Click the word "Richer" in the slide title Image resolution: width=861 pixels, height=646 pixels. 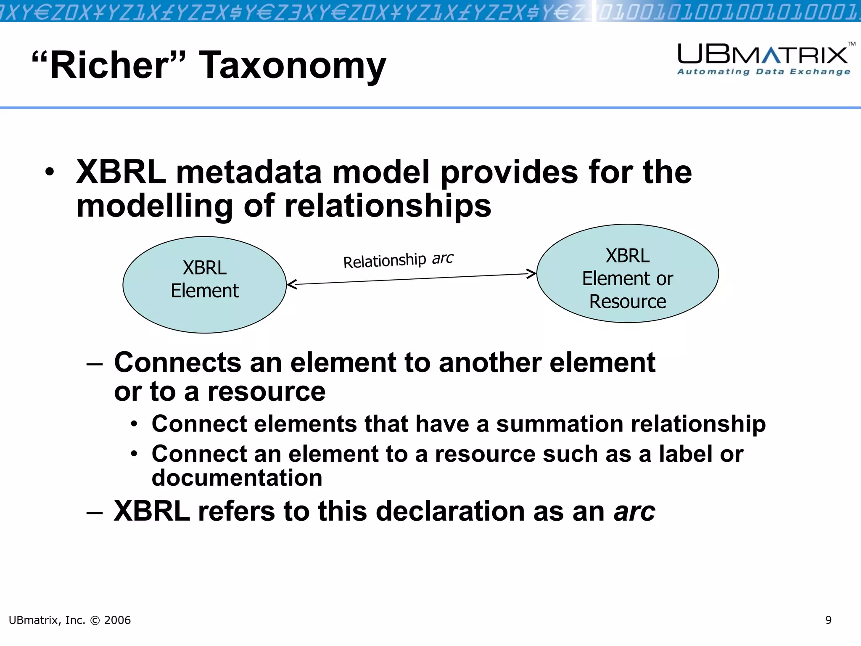click(108, 65)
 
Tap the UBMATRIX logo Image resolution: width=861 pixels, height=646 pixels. click(763, 55)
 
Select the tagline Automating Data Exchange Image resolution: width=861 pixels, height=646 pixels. click(763, 72)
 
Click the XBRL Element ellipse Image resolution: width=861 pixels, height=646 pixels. click(204, 285)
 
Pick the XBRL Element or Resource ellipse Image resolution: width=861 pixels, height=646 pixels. click(627, 273)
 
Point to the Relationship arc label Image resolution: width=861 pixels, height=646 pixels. click(398, 260)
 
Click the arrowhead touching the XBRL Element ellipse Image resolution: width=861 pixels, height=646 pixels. click(291, 285)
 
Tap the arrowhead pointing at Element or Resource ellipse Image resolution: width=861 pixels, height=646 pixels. click(532, 274)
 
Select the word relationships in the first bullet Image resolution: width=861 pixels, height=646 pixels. click(388, 206)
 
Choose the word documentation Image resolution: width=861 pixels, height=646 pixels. click(237, 478)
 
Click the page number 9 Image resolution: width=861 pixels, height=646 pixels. click(828, 620)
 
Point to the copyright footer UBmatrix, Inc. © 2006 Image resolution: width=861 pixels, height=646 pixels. click(70, 620)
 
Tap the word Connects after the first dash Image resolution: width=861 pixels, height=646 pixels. click(177, 363)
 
